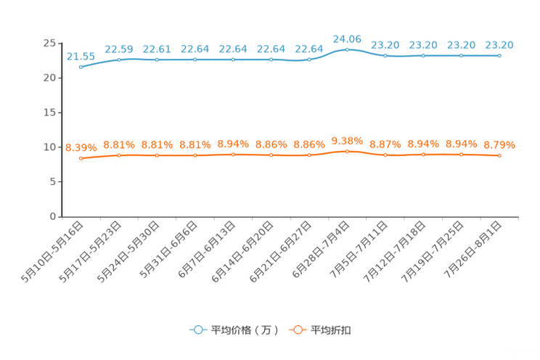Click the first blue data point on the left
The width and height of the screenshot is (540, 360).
click(x=81, y=67)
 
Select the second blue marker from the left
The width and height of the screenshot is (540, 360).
click(x=119, y=60)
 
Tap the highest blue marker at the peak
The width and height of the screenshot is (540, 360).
click(x=347, y=49)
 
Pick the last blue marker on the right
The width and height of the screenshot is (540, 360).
click(x=499, y=55)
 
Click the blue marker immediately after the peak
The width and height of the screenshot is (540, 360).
click(x=385, y=55)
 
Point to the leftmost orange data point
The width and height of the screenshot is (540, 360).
click(x=81, y=158)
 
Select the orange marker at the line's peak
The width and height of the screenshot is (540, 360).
click(x=347, y=152)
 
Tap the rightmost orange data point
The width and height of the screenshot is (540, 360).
click(x=499, y=155)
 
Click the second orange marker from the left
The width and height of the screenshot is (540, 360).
click(x=119, y=155)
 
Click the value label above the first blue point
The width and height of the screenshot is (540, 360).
click(x=80, y=56)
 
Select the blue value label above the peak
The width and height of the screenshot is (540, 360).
click(x=347, y=38)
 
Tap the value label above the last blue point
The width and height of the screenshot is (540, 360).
click(x=499, y=45)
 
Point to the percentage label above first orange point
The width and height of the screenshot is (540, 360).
click(x=80, y=147)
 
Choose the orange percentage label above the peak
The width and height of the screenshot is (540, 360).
click(x=347, y=140)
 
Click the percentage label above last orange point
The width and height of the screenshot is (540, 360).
click(x=499, y=145)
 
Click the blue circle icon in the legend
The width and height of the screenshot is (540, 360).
click(x=197, y=330)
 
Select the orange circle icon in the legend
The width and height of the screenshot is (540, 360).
click(x=296, y=330)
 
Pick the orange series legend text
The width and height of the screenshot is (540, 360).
click(x=332, y=330)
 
